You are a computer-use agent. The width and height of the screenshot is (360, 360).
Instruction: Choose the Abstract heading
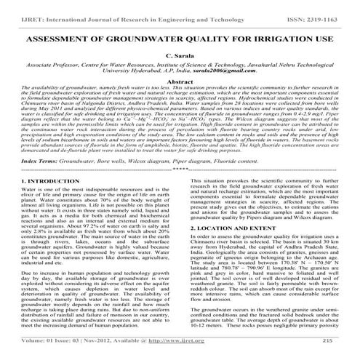[180, 84]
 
